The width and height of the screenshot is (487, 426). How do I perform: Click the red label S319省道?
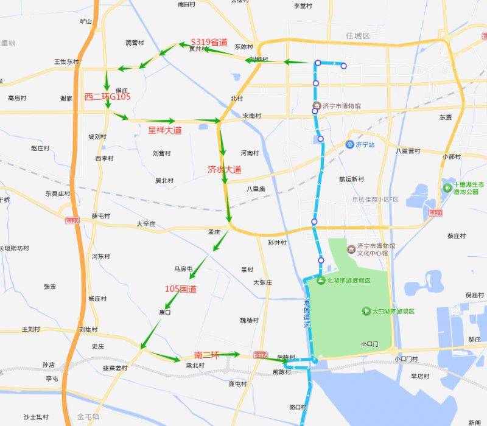tap(209, 42)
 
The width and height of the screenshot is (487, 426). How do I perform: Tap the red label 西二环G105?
tap(107, 96)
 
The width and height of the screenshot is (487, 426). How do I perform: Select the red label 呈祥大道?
tap(164, 130)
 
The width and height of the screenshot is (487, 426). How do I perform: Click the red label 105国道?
tap(181, 288)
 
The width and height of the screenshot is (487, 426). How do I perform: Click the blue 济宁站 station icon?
tap(349, 144)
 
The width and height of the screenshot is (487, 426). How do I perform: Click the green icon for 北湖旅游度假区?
tap(320, 280)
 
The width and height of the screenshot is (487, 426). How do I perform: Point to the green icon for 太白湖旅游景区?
tap(366, 311)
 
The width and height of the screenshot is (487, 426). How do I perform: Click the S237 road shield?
tap(261, 355)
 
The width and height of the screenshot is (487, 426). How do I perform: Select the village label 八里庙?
tap(256, 189)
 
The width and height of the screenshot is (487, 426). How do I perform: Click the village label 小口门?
tap(369, 344)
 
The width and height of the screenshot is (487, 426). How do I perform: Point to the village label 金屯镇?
tap(88, 417)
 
